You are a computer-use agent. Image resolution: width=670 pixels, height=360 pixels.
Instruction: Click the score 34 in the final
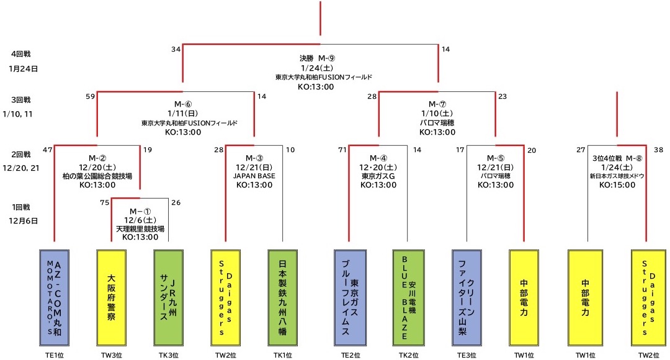[176, 49]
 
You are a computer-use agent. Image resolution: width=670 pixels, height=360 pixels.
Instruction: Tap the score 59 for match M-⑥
[90, 96]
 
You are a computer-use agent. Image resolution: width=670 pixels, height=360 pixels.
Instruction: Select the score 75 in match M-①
[104, 202]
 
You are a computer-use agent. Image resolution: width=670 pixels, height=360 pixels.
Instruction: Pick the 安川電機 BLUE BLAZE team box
[408, 297]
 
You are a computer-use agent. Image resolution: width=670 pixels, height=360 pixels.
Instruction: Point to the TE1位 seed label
[55, 356]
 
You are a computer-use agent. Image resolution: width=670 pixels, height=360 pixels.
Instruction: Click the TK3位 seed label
[169, 356]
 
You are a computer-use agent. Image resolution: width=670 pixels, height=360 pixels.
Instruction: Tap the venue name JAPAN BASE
[254, 176]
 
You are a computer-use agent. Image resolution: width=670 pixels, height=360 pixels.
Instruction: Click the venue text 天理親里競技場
[140, 229]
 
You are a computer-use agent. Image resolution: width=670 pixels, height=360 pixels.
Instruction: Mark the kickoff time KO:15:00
[616, 184]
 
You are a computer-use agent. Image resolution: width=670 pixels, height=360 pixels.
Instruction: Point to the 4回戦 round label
[21, 54]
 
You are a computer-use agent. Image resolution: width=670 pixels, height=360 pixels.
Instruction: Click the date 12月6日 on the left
[24, 220]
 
